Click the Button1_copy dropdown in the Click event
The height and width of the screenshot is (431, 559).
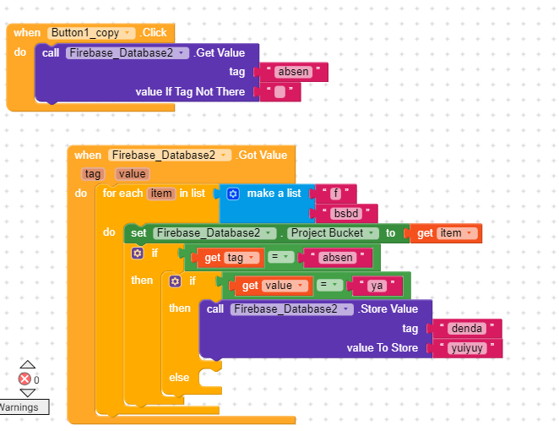91,33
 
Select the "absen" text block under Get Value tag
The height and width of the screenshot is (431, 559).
293,72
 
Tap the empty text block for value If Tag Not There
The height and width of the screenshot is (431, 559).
279,92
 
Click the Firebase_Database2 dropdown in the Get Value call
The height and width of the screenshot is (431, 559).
128,53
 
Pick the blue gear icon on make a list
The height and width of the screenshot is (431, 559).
233,194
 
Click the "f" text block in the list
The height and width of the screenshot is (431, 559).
335,194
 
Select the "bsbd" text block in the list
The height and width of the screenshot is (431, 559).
346,213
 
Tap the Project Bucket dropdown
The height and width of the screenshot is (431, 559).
333,233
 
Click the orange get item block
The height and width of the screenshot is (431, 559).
446,233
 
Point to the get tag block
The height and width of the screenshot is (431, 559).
228,258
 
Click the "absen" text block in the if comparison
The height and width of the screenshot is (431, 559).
337,258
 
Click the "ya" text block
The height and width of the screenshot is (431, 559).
377,286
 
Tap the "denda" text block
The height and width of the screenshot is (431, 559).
467,328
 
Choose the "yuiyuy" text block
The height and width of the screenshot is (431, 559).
467,348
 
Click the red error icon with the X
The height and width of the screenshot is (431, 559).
24,379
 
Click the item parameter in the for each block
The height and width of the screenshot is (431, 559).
161,194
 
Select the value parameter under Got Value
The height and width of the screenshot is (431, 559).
133,174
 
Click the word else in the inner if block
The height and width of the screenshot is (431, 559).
179,378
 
